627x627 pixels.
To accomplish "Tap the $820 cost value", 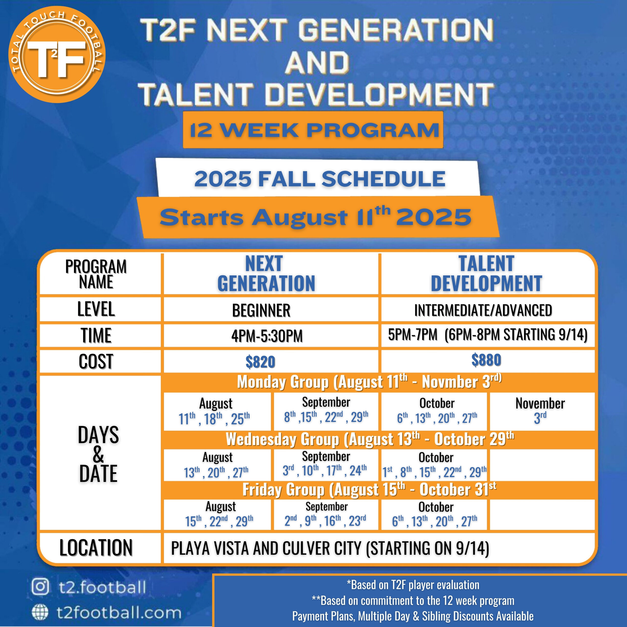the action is click(x=260, y=362).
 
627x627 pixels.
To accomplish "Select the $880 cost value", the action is click(x=486, y=360).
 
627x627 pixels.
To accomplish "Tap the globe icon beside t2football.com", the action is click(x=40, y=613).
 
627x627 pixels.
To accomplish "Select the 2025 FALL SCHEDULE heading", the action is click(x=319, y=179).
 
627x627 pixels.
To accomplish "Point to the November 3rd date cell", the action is click(x=542, y=411).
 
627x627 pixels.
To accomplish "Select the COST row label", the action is click(x=96, y=361).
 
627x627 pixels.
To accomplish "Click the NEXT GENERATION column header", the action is click(x=266, y=274).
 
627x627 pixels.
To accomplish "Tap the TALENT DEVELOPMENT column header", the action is click(x=486, y=274).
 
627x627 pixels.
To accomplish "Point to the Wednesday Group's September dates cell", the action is click(x=326, y=465).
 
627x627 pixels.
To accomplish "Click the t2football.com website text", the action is click(x=119, y=613).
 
